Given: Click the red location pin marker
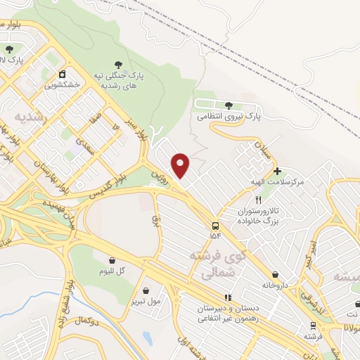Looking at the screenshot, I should (181, 165).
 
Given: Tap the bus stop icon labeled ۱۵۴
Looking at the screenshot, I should (214, 226).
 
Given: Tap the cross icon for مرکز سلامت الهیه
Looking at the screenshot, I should (277, 171).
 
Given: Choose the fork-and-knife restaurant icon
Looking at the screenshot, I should (258, 200).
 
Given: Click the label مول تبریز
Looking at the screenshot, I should (146, 301).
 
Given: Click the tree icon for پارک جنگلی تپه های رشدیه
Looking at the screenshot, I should (117, 64).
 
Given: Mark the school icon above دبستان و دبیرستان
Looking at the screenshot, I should (226, 298).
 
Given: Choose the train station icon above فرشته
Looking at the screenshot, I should (313, 326).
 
